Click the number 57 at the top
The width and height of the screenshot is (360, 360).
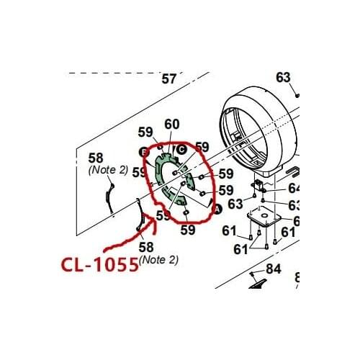tap(169, 78)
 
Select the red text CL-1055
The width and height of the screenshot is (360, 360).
tap(99, 264)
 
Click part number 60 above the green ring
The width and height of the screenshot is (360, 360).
tap(172, 125)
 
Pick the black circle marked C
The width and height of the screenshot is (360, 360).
tap(181, 149)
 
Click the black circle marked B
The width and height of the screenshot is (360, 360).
tap(143, 152)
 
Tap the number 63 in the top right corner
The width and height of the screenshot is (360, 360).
tap(283, 77)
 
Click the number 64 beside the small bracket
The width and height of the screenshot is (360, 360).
tap(294, 189)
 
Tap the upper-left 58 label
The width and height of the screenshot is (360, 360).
tap(96, 157)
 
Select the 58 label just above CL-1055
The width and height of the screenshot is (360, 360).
tap(146, 247)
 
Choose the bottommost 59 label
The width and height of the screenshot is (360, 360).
tap(188, 230)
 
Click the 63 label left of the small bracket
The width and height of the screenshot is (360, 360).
tap(235, 204)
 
